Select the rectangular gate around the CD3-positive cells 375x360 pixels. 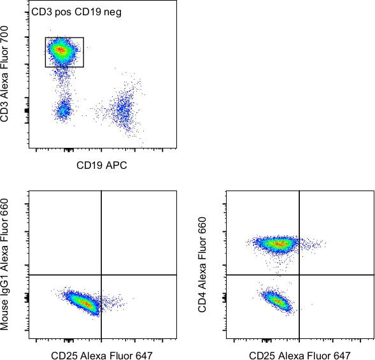pyautogui.click(x=64, y=38)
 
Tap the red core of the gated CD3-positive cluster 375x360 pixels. pyautogui.click(x=60, y=49)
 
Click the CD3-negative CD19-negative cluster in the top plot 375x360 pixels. pyautogui.click(x=63, y=110)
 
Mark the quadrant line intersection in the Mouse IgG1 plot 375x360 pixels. pyautogui.click(x=102, y=275)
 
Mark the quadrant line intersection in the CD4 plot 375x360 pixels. pyautogui.click(x=299, y=275)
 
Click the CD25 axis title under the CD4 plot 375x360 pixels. pyautogui.click(x=300, y=355)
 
